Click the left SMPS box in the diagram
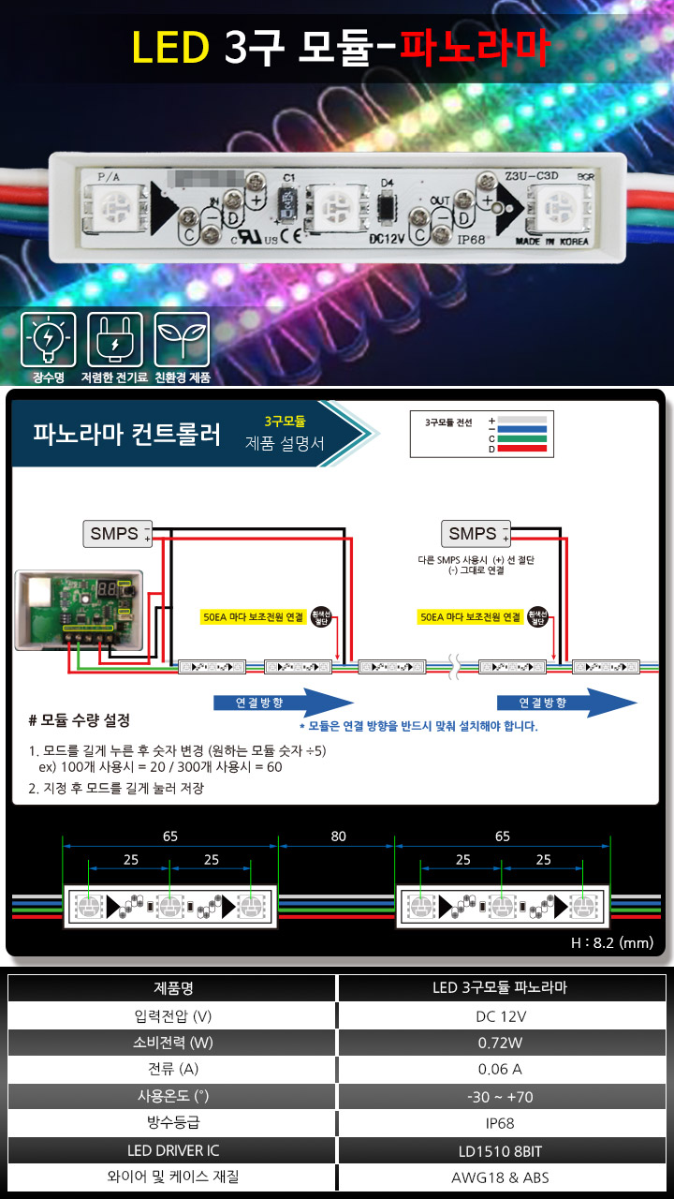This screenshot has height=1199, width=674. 114,534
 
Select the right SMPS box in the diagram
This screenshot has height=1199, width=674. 473,534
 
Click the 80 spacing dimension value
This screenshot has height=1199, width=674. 338,836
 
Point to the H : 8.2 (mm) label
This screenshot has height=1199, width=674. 612,943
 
